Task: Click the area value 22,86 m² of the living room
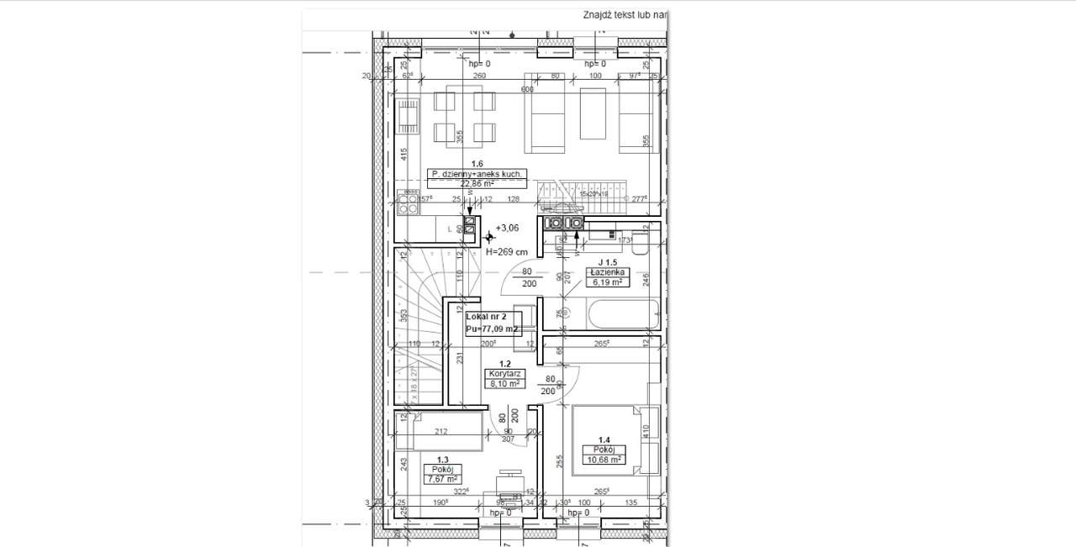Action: (476, 181)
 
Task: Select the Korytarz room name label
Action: (504, 373)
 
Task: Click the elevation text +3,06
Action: (507, 228)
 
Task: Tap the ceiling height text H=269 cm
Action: (507, 251)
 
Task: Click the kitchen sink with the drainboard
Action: (408, 118)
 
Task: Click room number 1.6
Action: (477, 164)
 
